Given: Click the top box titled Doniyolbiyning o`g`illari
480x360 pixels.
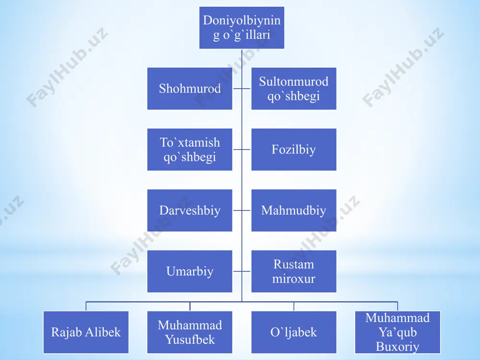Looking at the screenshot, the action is click(241, 27).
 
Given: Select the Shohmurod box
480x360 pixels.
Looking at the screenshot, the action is click(190, 88).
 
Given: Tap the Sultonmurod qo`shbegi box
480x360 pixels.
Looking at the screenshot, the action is click(294, 88).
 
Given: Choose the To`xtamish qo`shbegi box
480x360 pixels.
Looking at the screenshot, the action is click(190, 149).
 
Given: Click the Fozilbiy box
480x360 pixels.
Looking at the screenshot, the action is click(294, 149).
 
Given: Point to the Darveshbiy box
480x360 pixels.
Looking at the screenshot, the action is click(190, 210).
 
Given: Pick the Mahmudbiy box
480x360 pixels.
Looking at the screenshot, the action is click(294, 210).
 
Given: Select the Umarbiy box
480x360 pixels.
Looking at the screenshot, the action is click(190, 271).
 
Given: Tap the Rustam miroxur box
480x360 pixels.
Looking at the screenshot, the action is click(294, 271).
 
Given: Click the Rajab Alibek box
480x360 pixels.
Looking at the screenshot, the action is click(86, 332).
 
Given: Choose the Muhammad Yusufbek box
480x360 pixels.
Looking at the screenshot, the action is click(190, 332).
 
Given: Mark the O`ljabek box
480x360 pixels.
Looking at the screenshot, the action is click(294, 332).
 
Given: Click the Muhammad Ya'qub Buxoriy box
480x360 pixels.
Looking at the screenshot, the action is click(397, 332).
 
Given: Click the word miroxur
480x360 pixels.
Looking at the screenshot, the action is click(294, 279).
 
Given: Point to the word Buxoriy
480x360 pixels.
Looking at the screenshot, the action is click(397, 347).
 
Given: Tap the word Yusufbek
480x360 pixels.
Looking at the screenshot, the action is click(190, 339).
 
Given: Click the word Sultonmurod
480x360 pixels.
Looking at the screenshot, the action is click(294, 82).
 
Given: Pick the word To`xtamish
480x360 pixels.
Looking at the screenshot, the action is click(190, 143).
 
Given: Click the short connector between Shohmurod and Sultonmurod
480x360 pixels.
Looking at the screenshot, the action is click(241, 88).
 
